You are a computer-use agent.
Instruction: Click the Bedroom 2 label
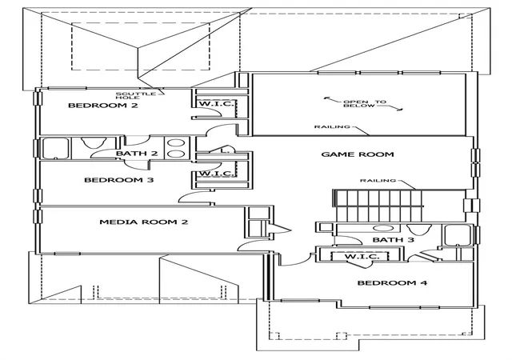[x=103, y=105]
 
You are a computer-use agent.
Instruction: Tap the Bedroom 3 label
[x=119, y=180]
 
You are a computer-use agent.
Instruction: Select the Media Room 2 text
[x=144, y=222]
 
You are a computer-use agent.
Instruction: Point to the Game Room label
[x=358, y=154]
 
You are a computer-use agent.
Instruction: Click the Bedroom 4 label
[x=392, y=283]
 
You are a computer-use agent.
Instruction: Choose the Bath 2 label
[x=137, y=154]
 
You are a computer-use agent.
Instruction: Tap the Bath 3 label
[x=393, y=240]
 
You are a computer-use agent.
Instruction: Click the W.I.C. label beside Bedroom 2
[x=217, y=104]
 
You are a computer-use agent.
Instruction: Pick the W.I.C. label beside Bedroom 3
[x=217, y=173]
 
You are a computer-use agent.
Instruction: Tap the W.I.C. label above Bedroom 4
[x=362, y=257]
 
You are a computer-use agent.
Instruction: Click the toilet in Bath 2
[x=94, y=142]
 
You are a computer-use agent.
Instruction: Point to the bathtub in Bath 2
[x=56, y=148]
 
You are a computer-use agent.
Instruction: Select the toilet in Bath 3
[x=419, y=229]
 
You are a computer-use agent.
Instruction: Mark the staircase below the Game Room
[x=378, y=206]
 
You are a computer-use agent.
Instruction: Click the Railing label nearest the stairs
[x=378, y=180]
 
